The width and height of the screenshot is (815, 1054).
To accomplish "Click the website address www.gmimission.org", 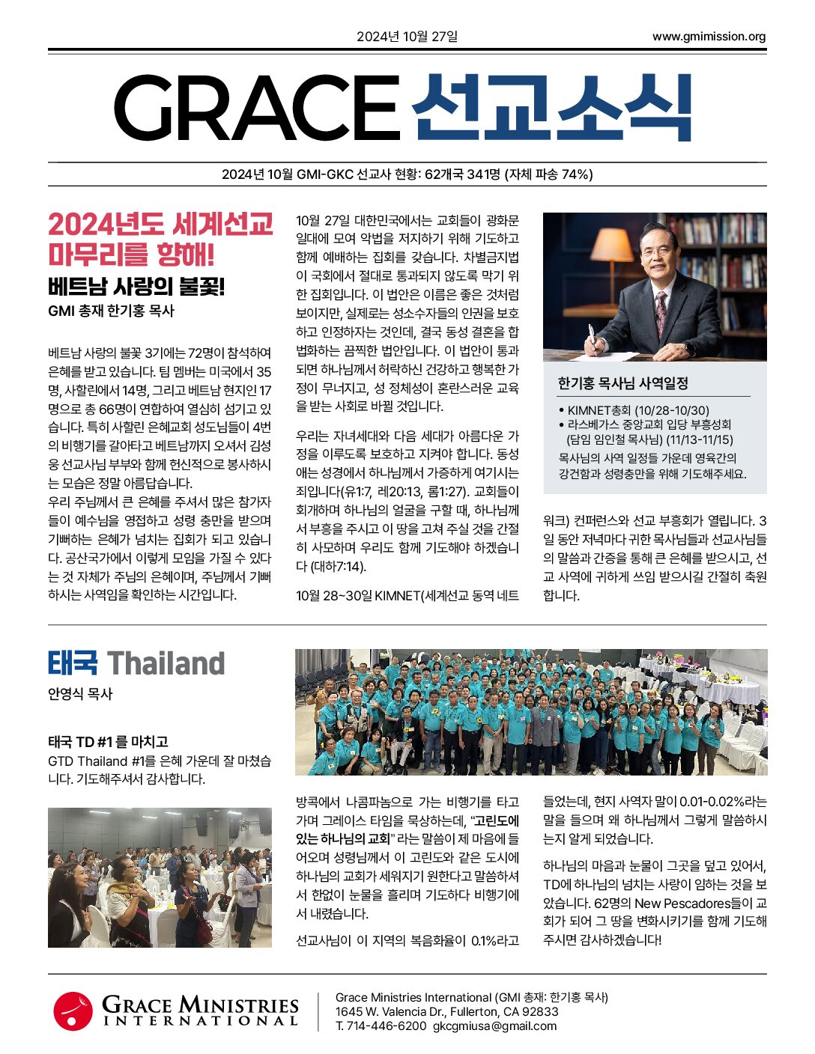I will point(709,37).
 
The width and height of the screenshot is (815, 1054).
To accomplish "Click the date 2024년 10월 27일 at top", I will point(407,37).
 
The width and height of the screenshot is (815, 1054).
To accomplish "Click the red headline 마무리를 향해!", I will point(131,255).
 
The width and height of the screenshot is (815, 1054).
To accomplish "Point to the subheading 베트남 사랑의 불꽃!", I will point(136,287).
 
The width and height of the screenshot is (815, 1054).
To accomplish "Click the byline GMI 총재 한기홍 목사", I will point(111,311).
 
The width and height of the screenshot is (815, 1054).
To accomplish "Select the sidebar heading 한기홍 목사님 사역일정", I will point(622,383).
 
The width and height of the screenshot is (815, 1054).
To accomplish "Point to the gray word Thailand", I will point(166,663).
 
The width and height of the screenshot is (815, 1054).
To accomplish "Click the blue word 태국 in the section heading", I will point(73,663).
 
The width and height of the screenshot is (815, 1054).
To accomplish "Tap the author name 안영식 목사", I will point(80,694).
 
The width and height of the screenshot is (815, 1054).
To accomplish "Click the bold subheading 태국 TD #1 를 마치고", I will point(108,742).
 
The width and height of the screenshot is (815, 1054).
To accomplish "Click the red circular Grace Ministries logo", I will point(73,1011).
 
